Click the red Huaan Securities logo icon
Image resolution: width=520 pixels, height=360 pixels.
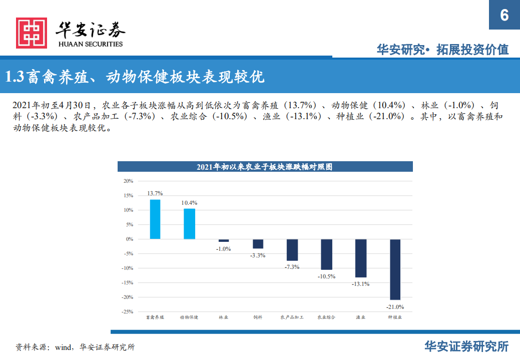(x=32, y=33)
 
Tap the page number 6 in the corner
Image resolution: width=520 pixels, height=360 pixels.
(x=504, y=16)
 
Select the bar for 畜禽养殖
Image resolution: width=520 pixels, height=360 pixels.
(x=155, y=219)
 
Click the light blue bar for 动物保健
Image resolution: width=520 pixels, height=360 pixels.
(x=189, y=224)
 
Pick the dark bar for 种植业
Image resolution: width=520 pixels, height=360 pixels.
(x=395, y=269)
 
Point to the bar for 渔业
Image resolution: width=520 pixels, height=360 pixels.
(x=361, y=258)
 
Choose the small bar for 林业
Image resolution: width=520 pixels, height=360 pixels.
(x=224, y=241)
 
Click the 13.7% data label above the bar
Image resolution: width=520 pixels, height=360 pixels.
(x=155, y=193)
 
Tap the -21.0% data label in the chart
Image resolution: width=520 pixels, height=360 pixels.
(x=395, y=307)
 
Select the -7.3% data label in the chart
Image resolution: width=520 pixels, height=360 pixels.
(x=292, y=267)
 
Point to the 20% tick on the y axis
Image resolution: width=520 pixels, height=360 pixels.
(x=128, y=181)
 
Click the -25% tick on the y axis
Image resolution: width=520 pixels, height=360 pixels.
(x=127, y=311)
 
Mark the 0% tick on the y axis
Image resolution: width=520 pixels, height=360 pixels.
(x=129, y=239)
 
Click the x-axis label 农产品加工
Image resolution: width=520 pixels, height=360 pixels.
(x=292, y=317)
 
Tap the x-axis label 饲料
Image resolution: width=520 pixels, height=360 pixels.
(x=258, y=317)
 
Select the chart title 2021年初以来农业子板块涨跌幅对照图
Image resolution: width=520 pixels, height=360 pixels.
(x=265, y=167)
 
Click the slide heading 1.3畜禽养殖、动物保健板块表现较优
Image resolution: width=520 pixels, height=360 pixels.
(x=135, y=77)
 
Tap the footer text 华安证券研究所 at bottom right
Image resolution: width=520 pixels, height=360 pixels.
(x=466, y=346)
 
